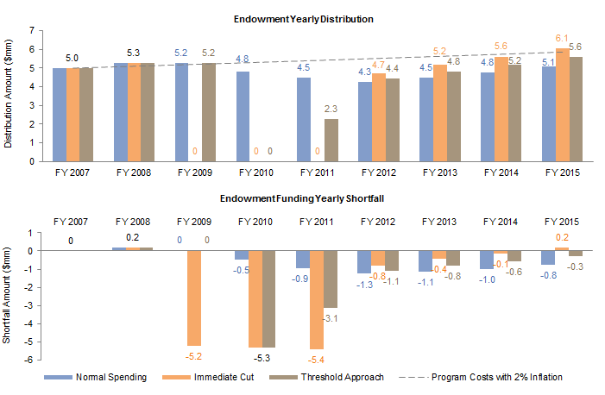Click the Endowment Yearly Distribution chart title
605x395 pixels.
[x=313, y=18]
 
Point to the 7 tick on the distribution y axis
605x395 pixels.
[x=31, y=30]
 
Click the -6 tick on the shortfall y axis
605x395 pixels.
[x=29, y=360]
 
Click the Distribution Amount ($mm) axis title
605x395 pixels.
[x=10, y=96]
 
